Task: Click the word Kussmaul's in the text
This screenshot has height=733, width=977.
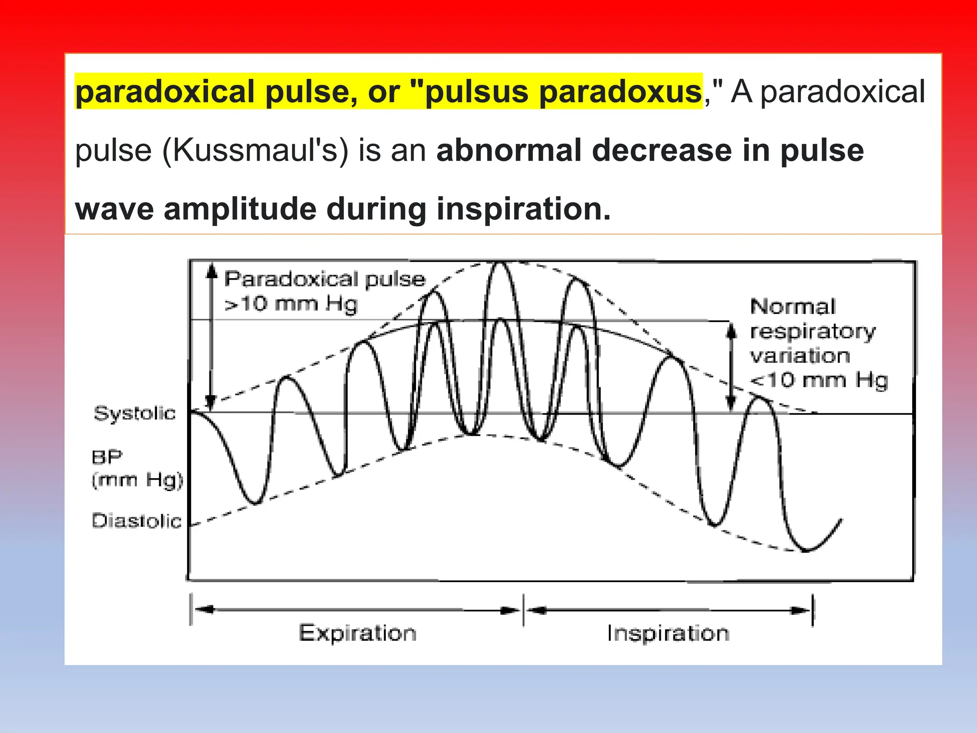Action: (x=255, y=151)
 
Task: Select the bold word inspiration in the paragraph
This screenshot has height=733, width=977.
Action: (x=523, y=209)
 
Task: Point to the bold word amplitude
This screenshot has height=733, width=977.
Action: (x=240, y=209)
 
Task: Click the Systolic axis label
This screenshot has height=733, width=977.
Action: (x=135, y=413)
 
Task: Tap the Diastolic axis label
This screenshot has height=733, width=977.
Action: (x=137, y=521)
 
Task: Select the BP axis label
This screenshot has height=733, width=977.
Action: (x=107, y=457)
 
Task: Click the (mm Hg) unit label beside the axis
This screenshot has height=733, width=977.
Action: (x=137, y=480)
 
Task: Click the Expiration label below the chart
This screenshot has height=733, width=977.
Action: (x=358, y=633)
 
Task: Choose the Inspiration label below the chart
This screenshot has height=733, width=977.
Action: (x=668, y=633)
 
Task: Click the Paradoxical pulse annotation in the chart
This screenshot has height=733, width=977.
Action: (x=324, y=279)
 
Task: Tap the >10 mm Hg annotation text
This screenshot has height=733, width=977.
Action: (x=291, y=304)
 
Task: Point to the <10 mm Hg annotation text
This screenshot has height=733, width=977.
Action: (x=819, y=381)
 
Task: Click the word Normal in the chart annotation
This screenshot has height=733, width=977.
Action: (x=793, y=307)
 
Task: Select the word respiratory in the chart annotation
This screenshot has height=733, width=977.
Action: (x=813, y=332)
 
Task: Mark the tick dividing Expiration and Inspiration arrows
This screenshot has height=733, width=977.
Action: (x=524, y=610)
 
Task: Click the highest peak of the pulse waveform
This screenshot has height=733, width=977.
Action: (x=500, y=264)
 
